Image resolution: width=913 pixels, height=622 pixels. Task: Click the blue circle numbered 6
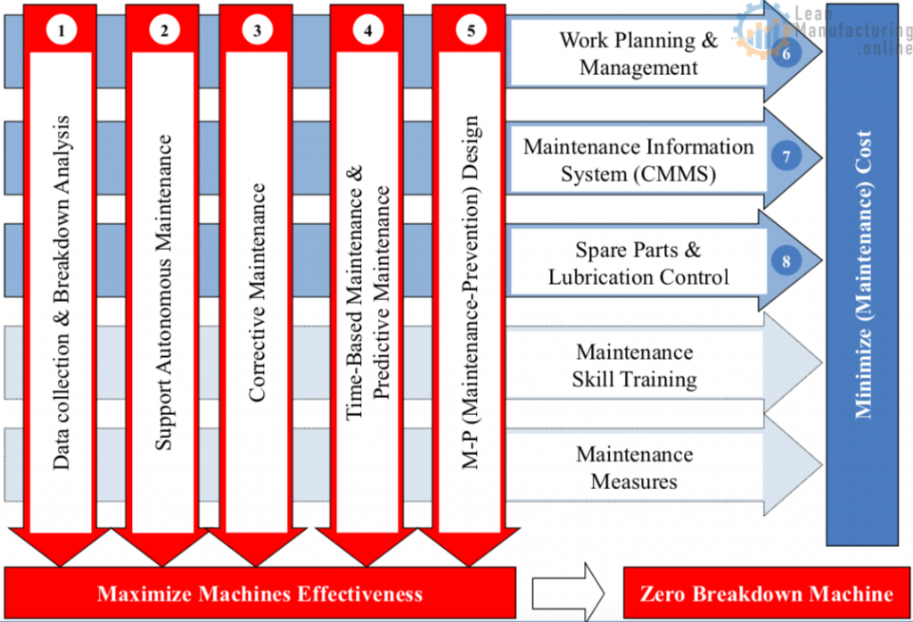pos(787,53)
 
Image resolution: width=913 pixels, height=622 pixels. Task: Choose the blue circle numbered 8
pos(787,261)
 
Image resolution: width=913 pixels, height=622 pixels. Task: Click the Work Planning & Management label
pos(638,54)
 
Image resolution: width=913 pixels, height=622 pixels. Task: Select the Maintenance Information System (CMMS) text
pos(638,160)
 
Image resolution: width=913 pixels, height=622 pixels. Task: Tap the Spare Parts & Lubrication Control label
pos(638,263)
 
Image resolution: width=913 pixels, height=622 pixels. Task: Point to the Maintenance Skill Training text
pos(635,366)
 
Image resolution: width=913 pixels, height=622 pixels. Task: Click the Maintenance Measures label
pos(635,468)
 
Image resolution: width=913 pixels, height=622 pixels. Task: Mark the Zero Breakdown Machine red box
pos(767,593)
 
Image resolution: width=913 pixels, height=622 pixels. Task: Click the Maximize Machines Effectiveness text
pos(259,593)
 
